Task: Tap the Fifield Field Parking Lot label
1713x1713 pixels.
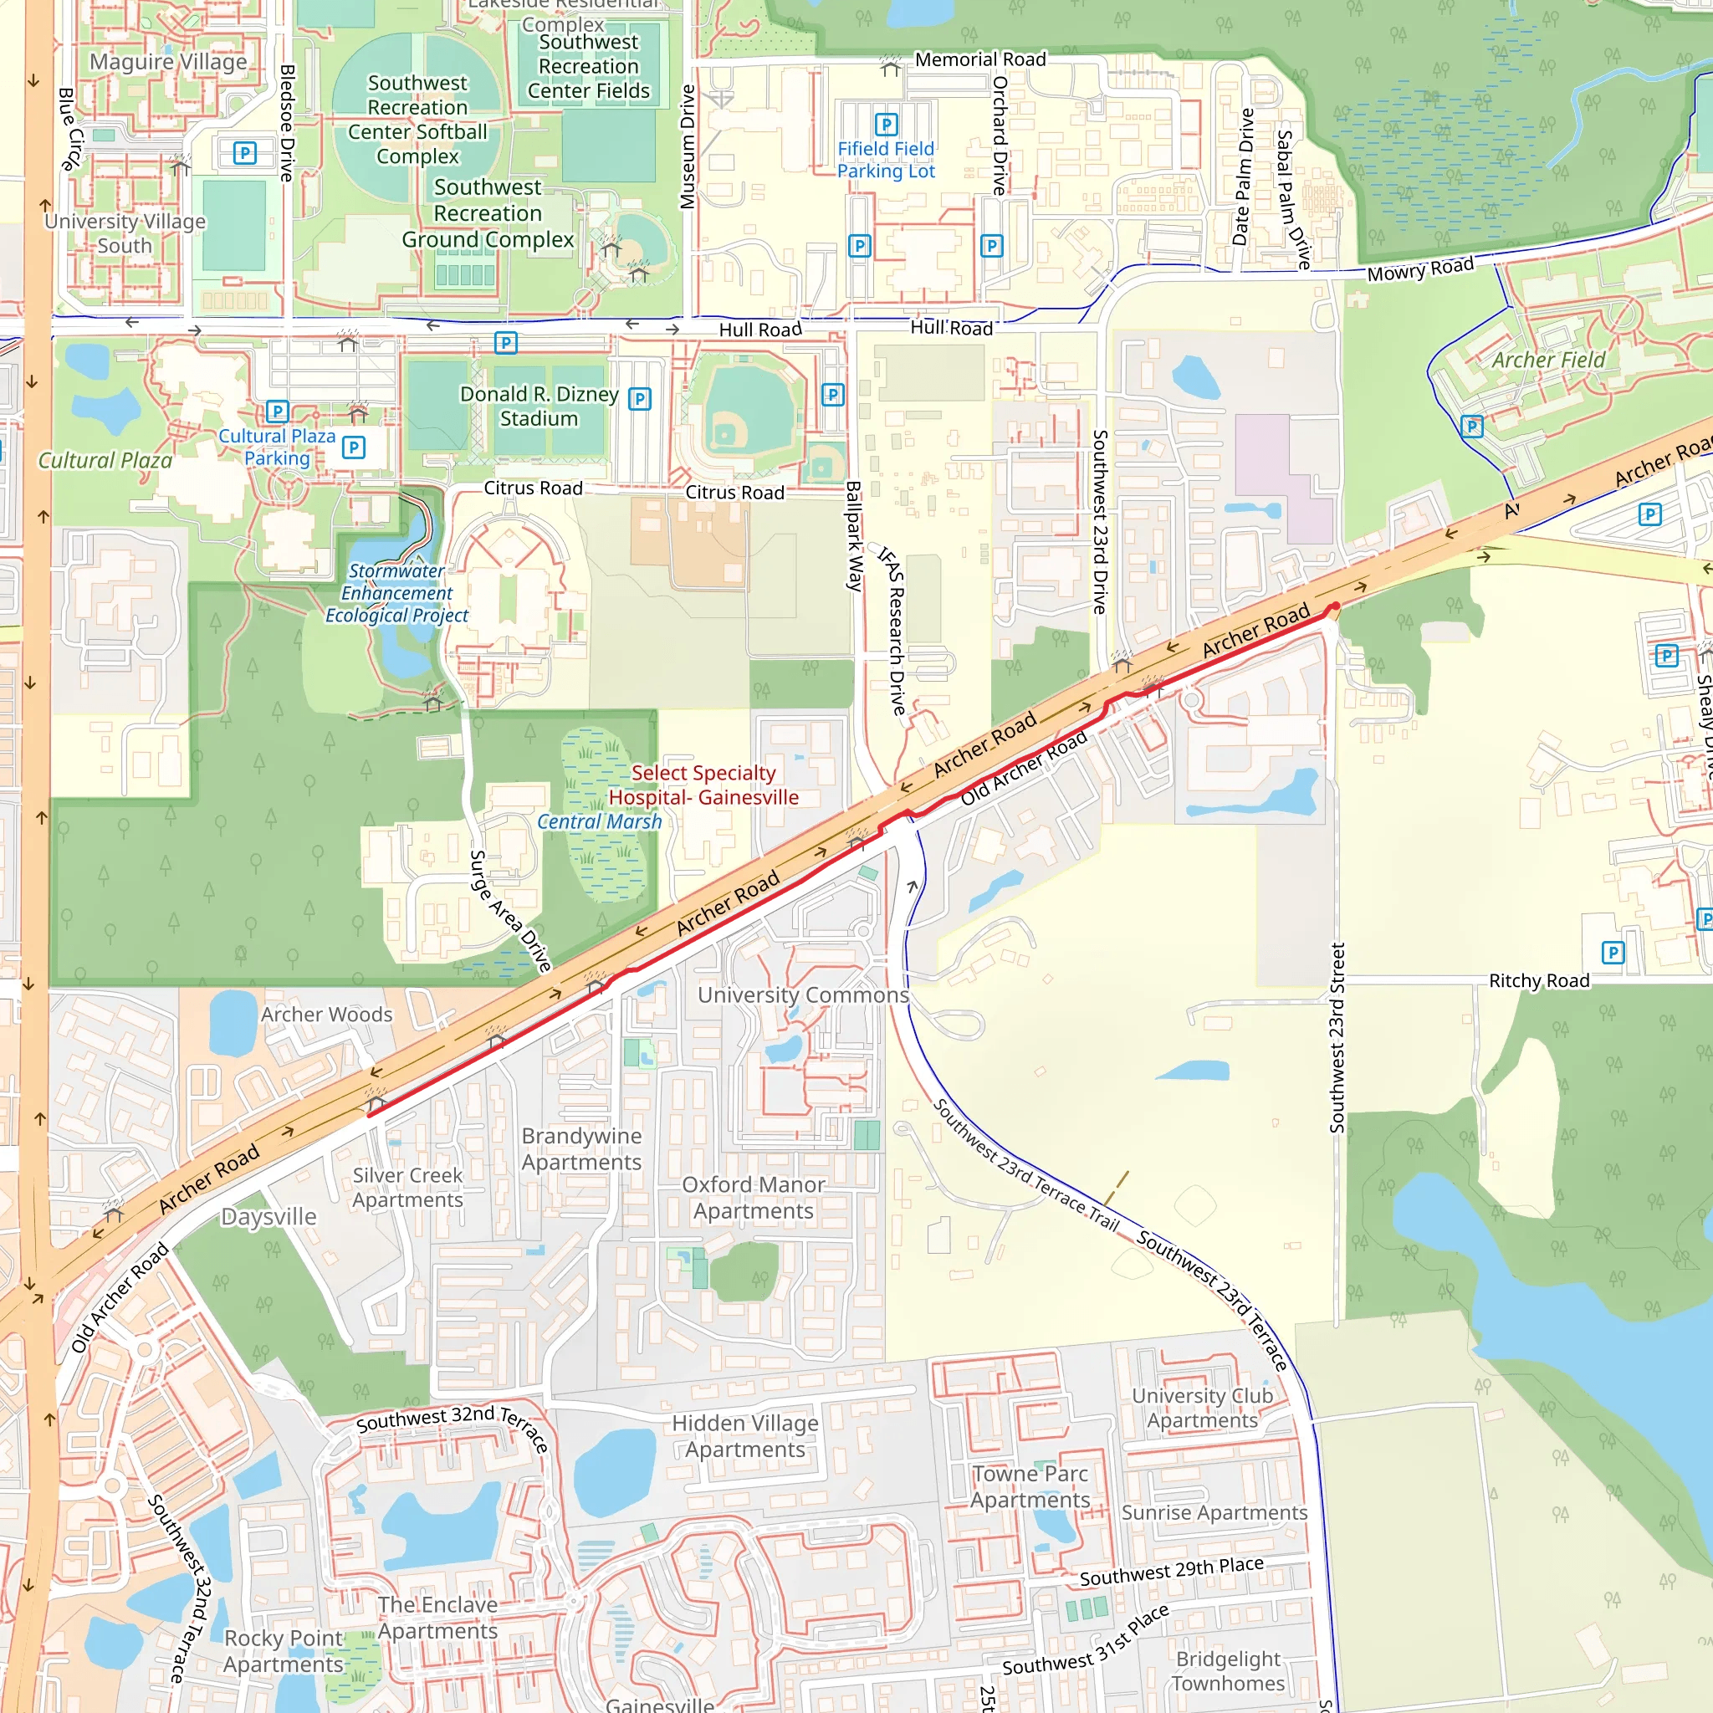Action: tap(886, 160)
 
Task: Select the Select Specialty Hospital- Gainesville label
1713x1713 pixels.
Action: tap(703, 785)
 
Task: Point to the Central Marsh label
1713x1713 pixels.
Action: tap(600, 822)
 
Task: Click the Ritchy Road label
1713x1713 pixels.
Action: tap(1538, 980)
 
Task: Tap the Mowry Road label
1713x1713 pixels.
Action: tap(1419, 269)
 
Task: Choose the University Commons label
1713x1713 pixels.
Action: tap(803, 995)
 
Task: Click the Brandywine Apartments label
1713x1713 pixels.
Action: tap(581, 1148)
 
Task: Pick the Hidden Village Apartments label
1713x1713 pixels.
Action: tap(744, 1435)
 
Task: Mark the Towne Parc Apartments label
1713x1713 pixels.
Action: tap(1030, 1486)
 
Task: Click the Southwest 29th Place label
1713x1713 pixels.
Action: tap(1170, 1572)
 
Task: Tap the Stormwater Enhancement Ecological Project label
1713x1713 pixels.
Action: tap(396, 593)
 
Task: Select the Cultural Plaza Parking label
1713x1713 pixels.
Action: tap(277, 447)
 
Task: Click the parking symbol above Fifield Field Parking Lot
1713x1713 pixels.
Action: tap(886, 124)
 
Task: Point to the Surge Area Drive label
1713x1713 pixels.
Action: tap(510, 911)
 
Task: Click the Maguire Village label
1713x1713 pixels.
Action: tap(168, 62)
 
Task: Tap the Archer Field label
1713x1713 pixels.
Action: tap(1548, 360)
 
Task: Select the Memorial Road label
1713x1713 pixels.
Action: tap(979, 59)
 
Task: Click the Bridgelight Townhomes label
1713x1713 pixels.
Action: tap(1228, 1670)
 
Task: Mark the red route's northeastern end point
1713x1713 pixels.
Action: tap(1334, 606)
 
